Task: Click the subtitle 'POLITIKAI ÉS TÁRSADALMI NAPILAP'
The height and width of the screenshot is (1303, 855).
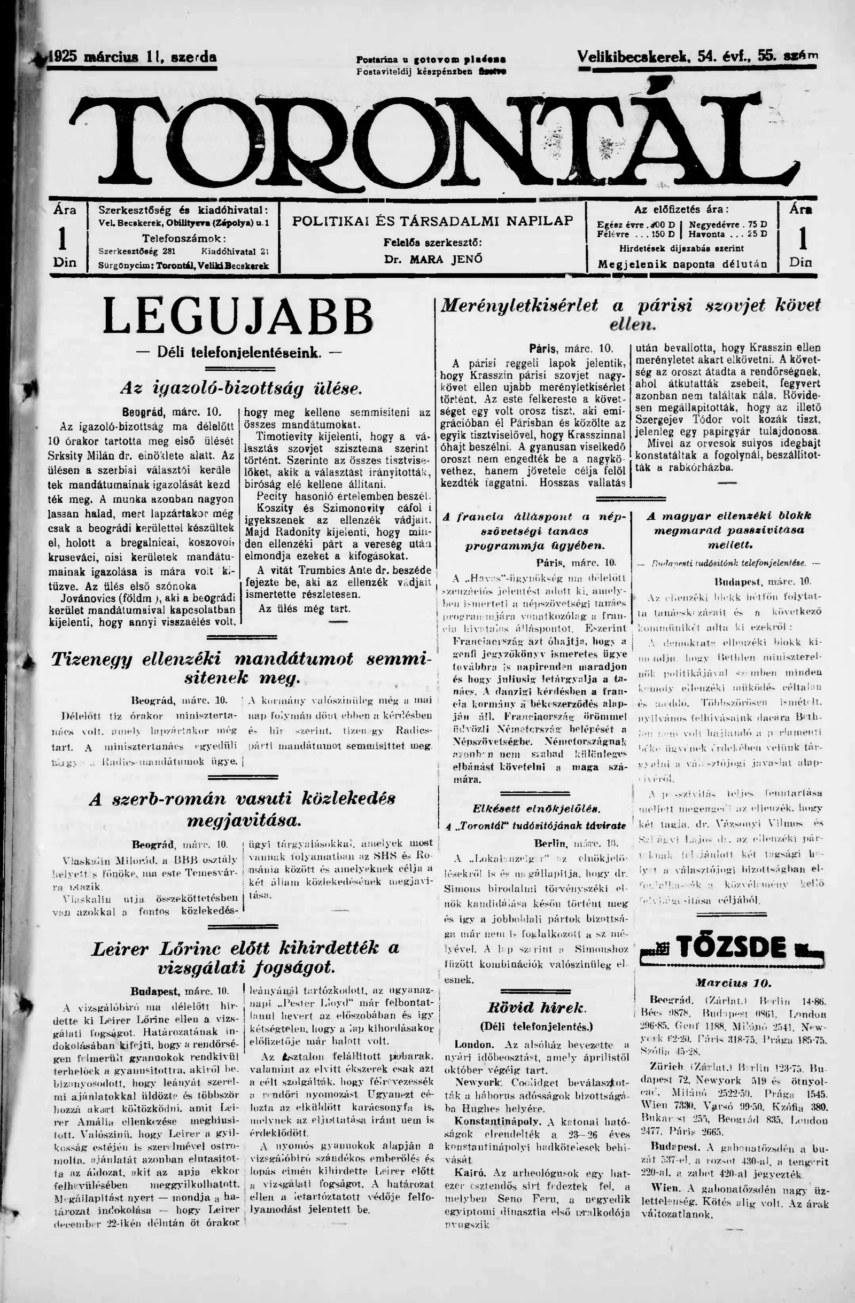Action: pyautogui.click(x=433, y=221)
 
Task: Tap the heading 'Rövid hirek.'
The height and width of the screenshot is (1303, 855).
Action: pyautogui.click(x=536, y=1008)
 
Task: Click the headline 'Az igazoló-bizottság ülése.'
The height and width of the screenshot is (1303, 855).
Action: pyautogui.click(x=241, y=389)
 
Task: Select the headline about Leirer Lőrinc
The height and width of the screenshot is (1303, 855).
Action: pyautogui.click(x=245, y=957)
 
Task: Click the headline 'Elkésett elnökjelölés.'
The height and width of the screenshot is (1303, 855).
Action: pyautogui.click(x=536, y=808)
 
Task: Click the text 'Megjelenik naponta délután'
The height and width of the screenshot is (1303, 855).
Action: pyautogui.click(x=682, y=264)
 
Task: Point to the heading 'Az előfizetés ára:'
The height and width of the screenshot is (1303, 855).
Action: pyautogui.click(x=681, y=209)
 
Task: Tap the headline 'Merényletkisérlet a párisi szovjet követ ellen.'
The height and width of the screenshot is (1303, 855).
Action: pyautogui.click(x=630, y=314)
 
